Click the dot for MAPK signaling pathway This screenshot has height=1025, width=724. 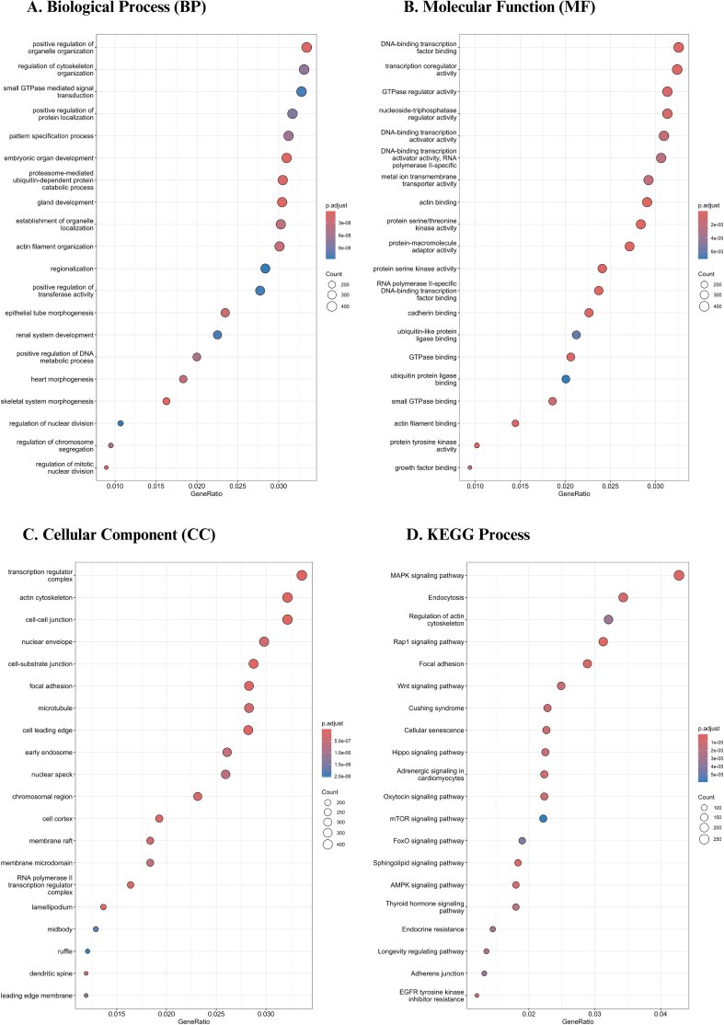[679, 575]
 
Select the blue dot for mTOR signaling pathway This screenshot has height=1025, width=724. [543, 818]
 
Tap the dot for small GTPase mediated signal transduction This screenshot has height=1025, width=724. [301, 91]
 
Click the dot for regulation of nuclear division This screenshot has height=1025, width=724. [121, 423]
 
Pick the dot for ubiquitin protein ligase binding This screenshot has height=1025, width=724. [566, 379]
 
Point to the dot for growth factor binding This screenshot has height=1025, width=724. [470, 467]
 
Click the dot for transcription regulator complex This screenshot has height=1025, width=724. [302, 575]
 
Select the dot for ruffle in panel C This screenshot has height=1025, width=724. [87, 951]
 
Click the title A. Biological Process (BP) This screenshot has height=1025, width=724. [117, 8]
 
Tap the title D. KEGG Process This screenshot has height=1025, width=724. [468, 535]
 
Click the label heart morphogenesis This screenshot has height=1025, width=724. [62, 379]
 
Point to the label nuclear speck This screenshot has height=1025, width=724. [52, 775]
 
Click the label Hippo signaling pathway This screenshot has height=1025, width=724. [428, 753]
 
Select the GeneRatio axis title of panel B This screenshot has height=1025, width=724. [574, 494]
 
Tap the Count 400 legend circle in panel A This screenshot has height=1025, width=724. [332, 306]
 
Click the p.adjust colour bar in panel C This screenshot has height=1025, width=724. [326, 753]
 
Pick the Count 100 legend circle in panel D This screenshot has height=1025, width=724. [704, 808]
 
